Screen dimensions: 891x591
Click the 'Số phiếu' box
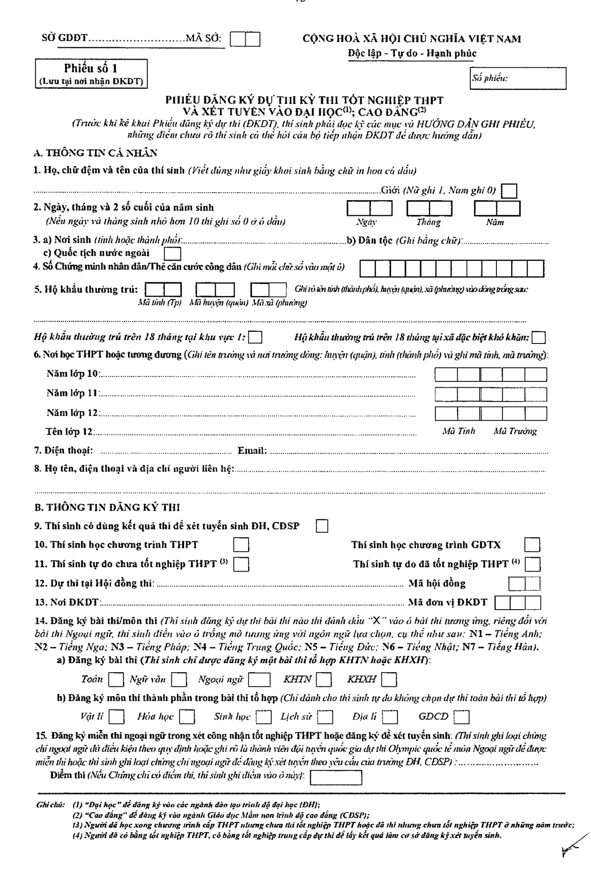click(x=518, y=78)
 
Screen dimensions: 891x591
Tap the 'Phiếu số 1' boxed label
click(x=91, y=73)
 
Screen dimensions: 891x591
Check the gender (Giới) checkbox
click(x=509, y=191)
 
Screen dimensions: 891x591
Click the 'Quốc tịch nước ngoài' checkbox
click(x=172, y=254)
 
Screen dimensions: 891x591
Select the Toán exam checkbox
click(x=116, y=680)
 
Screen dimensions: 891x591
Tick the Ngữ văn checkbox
click(x=179, y=680)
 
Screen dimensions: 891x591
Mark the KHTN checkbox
click(x=324, y=680)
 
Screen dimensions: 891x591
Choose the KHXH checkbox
click(x=389, y=680)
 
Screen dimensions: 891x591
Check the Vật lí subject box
click(x=117, y=717)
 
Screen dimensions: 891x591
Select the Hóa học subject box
click(x=187, y=717)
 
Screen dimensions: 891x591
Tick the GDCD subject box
click(x=461, y=717)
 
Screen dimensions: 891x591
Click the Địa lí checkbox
click(x=390, y=717)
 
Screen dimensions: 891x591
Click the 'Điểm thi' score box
click(x=336, y=777)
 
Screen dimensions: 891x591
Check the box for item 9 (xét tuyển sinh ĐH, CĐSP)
click(x=322, y=526)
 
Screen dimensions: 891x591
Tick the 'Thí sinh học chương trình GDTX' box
click(x=532, y=545)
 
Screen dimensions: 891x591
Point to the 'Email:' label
click(x=252, y=450)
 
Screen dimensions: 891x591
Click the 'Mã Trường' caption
click(x=515, y=431)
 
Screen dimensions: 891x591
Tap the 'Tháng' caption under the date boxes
click(x=428, y=222)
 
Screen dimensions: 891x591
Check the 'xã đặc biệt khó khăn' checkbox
click(x=539, y=338)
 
